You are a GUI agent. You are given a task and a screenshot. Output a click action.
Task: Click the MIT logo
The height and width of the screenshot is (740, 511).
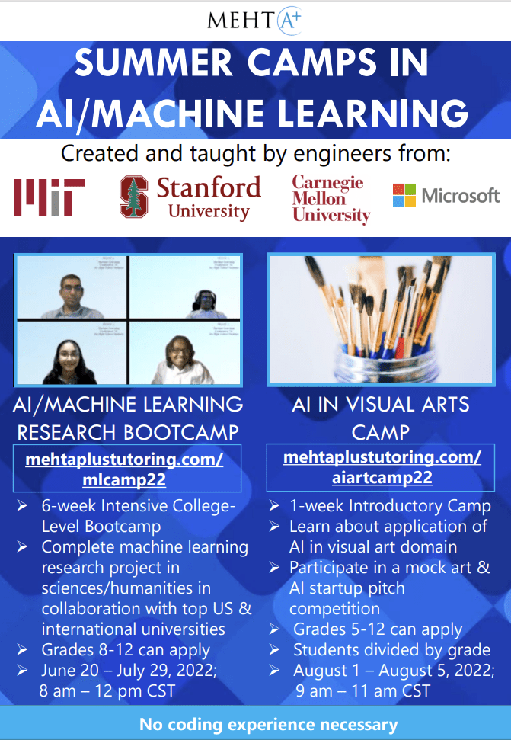(x=49, y=197)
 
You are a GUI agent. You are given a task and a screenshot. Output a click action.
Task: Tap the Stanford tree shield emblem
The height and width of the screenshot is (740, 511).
(x=133, y=197)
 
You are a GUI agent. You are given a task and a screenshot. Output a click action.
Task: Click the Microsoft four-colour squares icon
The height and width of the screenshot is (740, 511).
(x=404, y=196)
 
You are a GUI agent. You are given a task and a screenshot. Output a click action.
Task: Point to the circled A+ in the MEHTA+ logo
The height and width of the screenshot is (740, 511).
(x=288, y=19)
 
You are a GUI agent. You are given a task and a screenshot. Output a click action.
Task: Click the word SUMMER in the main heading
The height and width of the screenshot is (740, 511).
(x=145, y=63)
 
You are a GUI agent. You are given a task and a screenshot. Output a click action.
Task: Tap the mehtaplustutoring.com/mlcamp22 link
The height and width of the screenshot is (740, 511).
(x=124, y=470)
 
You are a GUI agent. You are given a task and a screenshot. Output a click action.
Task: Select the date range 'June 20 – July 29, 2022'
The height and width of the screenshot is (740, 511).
(x=130, y=671)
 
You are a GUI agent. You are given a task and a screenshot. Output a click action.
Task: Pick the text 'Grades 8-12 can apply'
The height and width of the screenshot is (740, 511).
(x=126, y=651)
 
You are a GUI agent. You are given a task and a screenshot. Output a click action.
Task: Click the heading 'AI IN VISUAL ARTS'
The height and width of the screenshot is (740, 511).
(x=381, y=404)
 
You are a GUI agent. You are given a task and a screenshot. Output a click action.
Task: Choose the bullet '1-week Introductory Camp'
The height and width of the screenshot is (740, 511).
(x=390, y=506)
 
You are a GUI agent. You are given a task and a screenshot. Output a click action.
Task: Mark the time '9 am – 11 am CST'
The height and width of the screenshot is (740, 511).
(x=363, y=691)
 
